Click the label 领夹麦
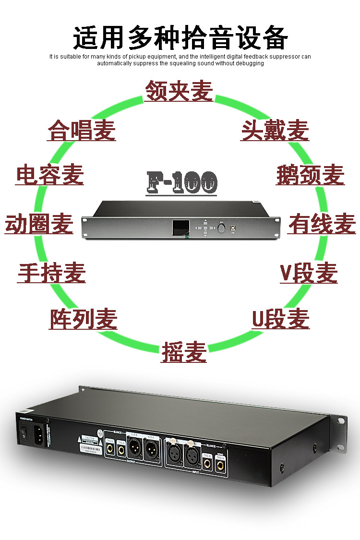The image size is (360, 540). coord(179,90)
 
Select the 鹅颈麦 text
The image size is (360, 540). coord(310,174)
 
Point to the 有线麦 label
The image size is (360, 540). coord(322,224)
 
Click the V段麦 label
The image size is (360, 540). coord(309,273)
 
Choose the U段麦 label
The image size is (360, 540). coord(281,319)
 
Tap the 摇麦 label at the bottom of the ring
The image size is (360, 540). coord(184,352)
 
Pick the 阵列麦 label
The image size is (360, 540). coord(83,319)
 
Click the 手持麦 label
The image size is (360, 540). coord(51,273)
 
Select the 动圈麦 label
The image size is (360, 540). coord(39,224)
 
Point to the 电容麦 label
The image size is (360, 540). coord(50,174)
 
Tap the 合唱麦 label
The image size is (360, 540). coord(82,131)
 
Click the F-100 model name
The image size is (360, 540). coord(181,182)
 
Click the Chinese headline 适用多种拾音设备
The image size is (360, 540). coord(180,38)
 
